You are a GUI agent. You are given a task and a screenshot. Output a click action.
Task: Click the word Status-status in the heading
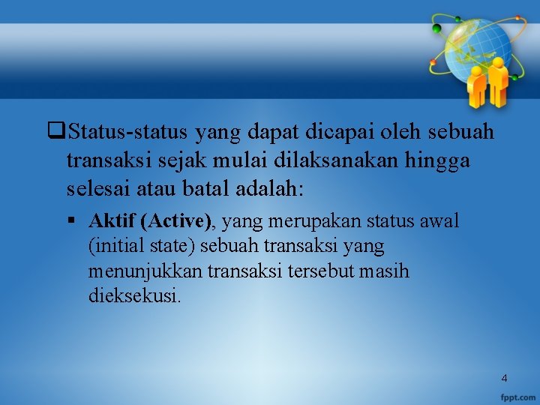128,133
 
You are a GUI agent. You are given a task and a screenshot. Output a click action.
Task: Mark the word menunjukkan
139,271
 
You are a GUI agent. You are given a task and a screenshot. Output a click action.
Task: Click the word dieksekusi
134,295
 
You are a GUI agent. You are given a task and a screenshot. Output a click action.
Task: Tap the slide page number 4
504,378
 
